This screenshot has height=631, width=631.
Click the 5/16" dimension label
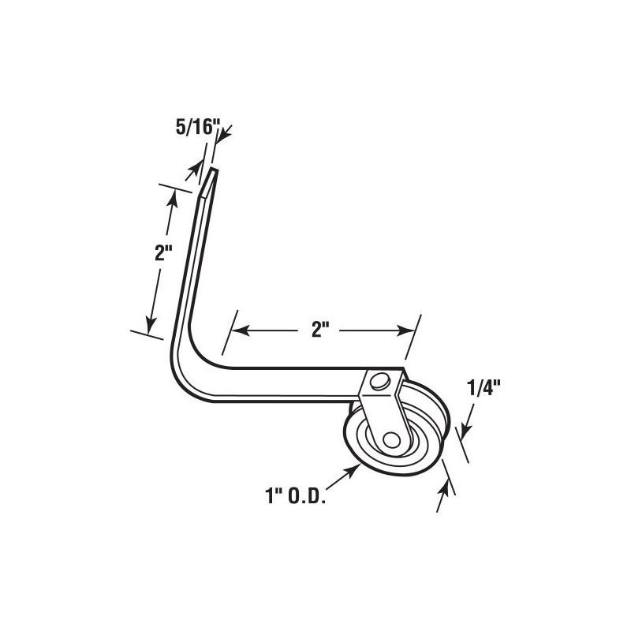point(195,125)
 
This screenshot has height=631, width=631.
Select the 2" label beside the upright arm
point(162,254)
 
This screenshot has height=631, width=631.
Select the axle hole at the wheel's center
point(392,439)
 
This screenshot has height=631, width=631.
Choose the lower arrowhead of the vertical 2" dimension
point(149,323)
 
